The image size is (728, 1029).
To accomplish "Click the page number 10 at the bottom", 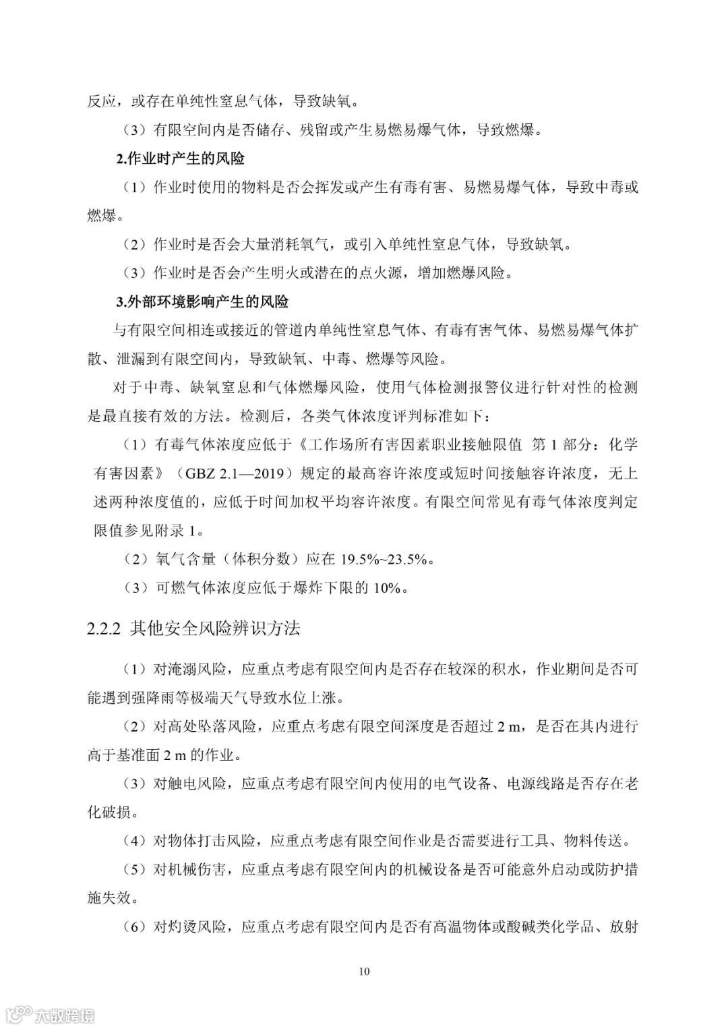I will pyautogui.click(x=364, y=972).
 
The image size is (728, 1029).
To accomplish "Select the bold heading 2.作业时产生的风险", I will pyautogui.click(x=180, y=159).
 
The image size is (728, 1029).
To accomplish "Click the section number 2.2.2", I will pyautogui.click(x=104, y=629).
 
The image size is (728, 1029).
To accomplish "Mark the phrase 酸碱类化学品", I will pyautogui.click(x=552, y=927).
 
